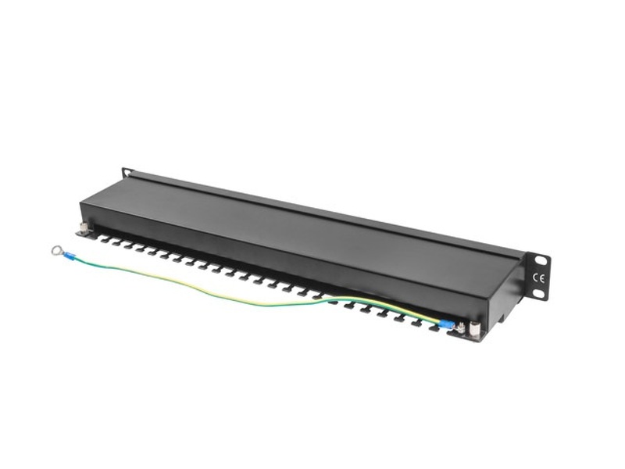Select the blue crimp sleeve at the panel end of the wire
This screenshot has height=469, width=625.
(x=446, y=323)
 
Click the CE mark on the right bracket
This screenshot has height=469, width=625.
(x=538, y=277)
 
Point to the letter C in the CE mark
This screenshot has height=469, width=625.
(x=535, y=277)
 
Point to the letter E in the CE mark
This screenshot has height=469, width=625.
(x=541, y=277)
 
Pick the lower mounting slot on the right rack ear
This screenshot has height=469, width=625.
(x=537, y=295)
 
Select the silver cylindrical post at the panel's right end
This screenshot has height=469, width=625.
(x=473, y=328)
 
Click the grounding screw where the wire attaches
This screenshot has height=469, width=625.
(x=461, y=327)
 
